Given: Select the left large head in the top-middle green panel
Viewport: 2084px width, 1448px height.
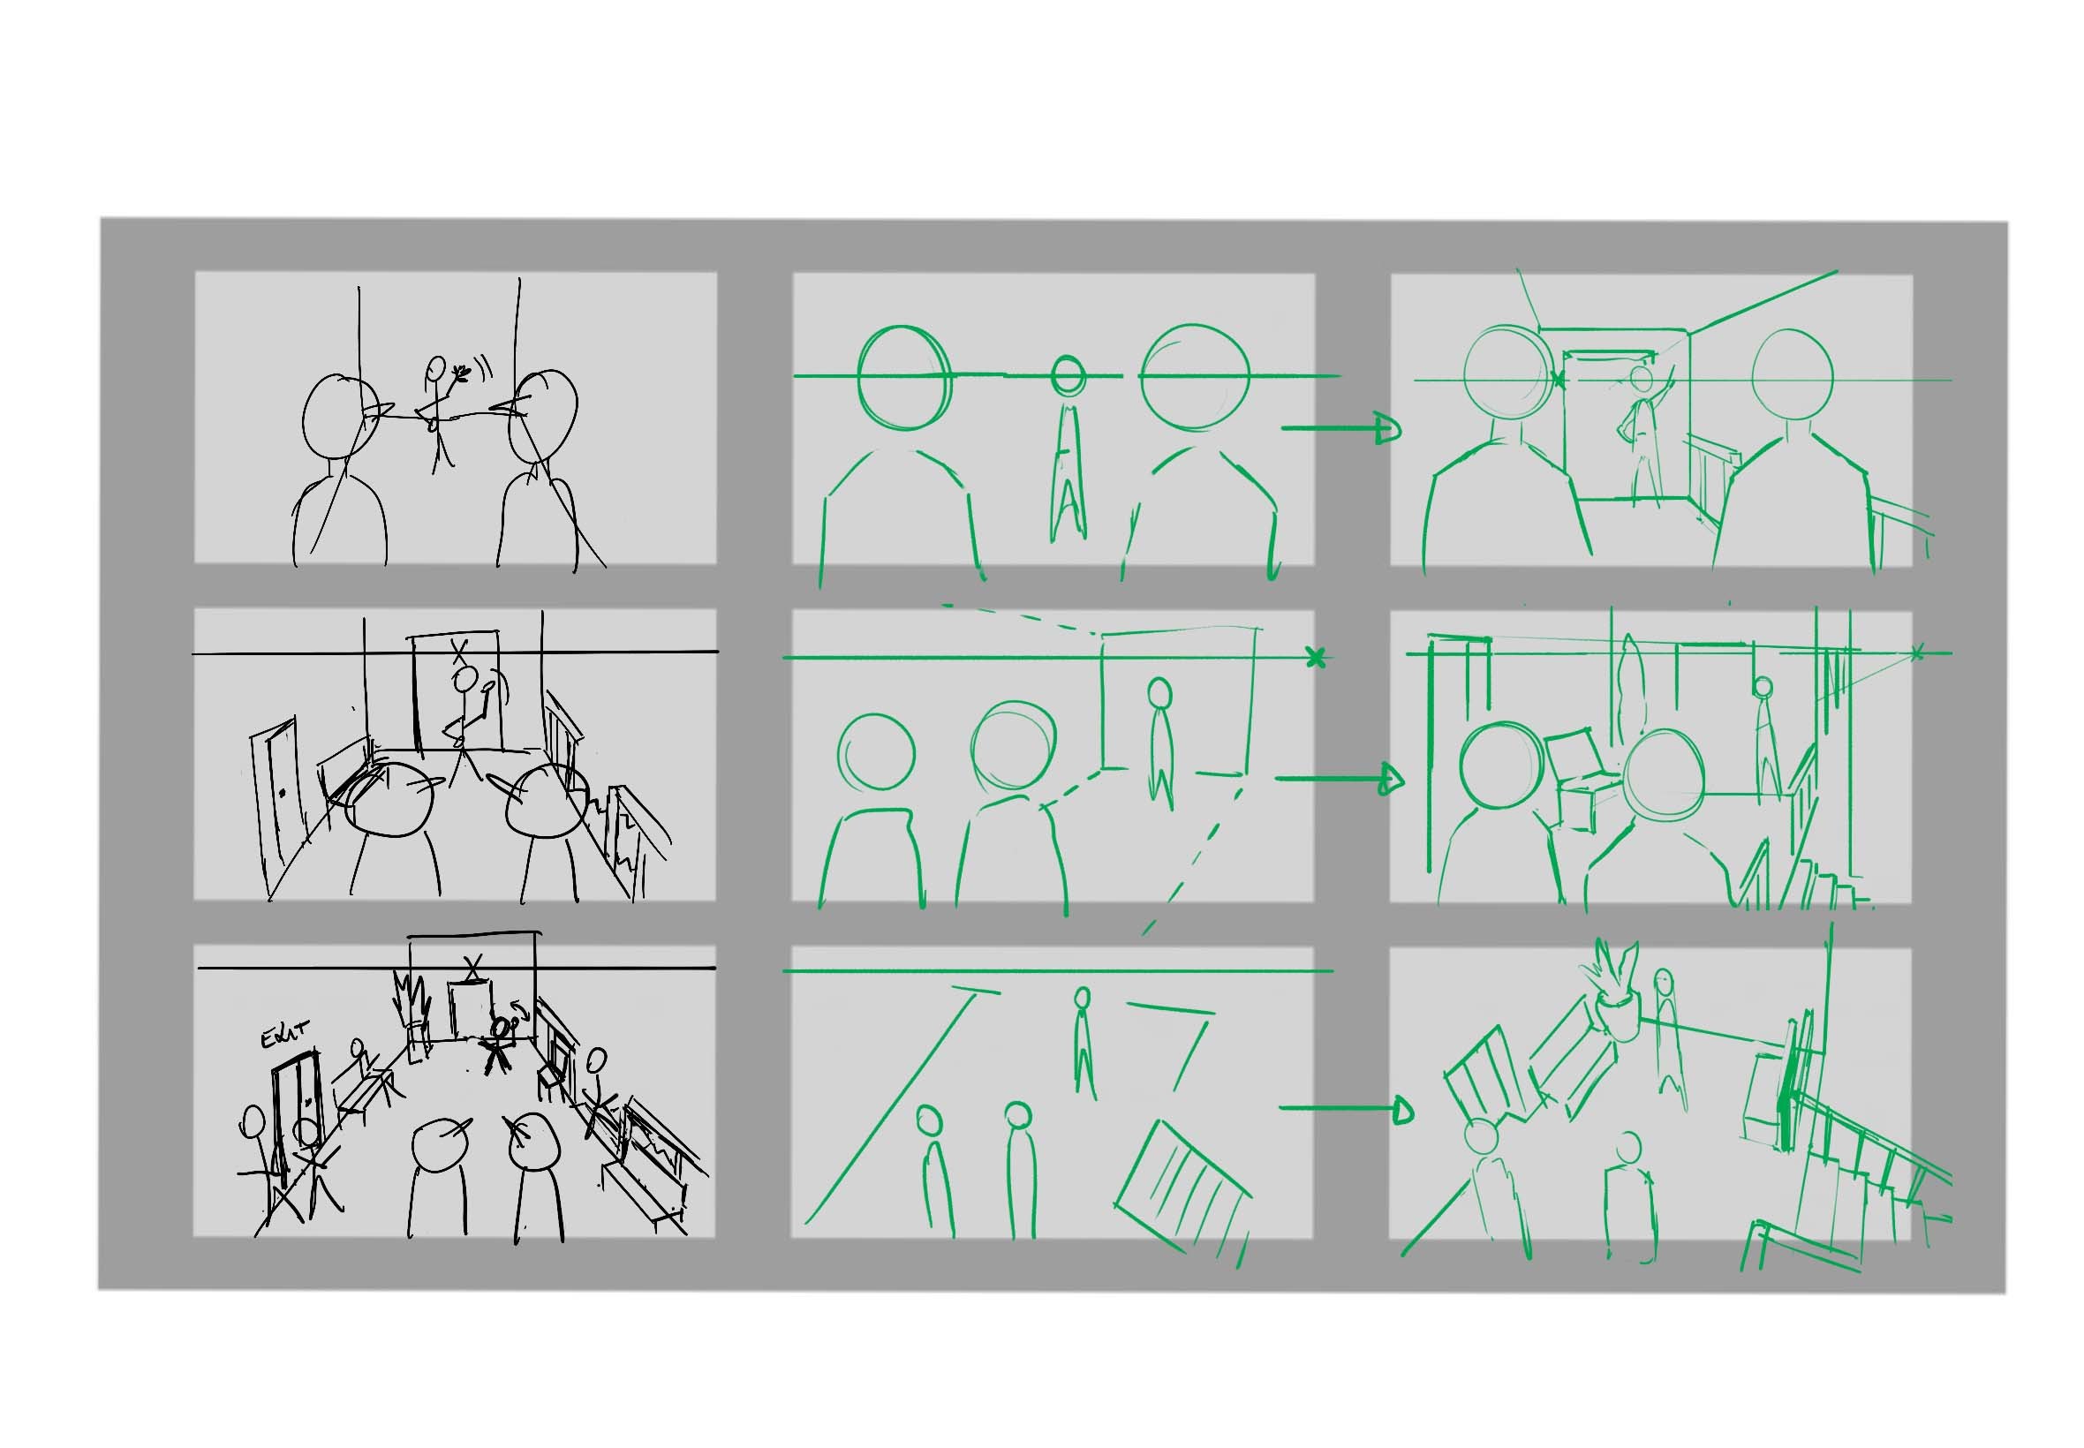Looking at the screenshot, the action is pyautogui.click(x=902, y=376).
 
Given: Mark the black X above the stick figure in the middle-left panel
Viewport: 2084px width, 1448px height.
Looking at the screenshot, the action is pyautogui.click(x=462, y=652).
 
